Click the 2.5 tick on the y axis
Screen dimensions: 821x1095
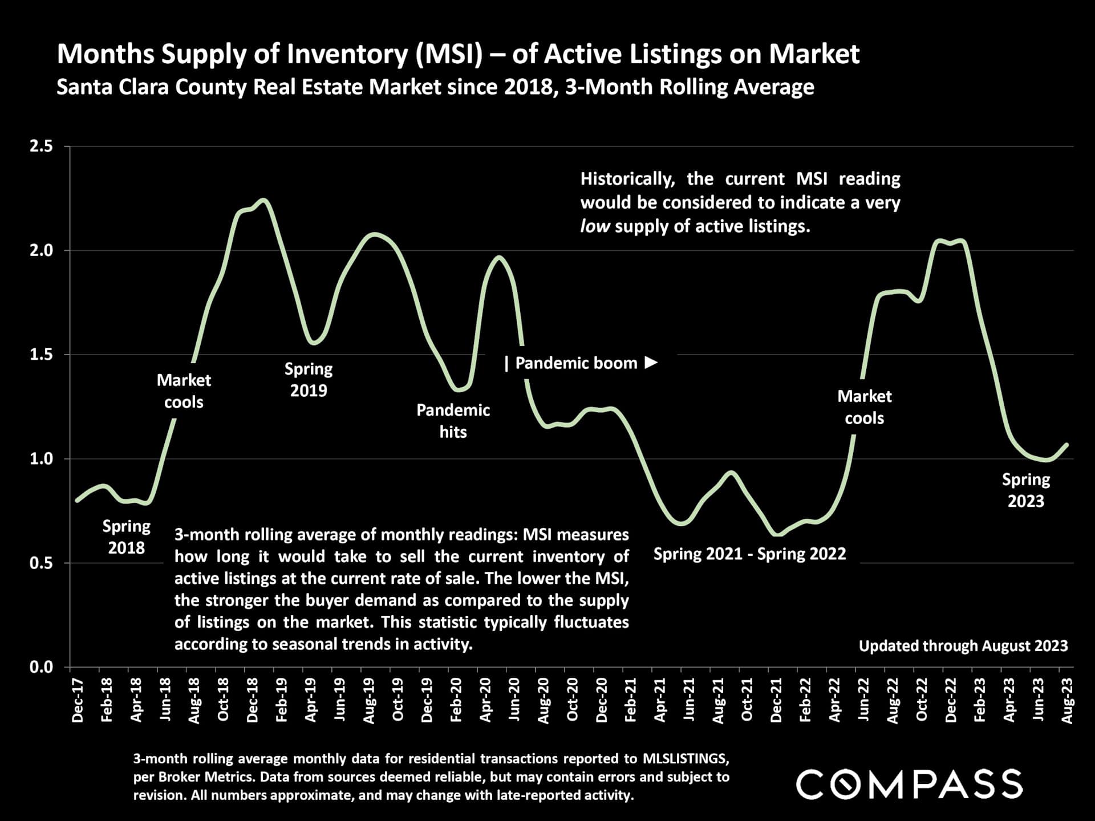pyautogui.click(x=41, y=147)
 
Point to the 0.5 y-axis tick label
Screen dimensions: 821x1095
pyautogui.click(x=41, y=563)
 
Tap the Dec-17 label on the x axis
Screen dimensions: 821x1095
pyautogui.click(x=78, y=700)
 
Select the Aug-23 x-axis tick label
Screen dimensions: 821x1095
pyautogui.click(x=1067, y=700)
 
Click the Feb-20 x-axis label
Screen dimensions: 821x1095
pyautogui.click(x=456, y=700)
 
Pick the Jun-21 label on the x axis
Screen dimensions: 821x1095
pyautogui.click(x=689, y=700)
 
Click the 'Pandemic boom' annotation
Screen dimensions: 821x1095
pyautogui.click(x=576, y=363)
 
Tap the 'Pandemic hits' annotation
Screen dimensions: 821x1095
pyautogui.click(x=453, y=421)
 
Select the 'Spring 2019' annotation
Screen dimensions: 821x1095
pyautogui.click(x=309, y=379)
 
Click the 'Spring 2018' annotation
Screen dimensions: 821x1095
pyautogui.click(x=127, y=537)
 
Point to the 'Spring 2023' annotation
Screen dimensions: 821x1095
pyautogui.click(x=1026, y=490)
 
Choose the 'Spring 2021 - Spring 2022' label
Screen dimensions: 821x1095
pyautogui.click(x=749, y=554)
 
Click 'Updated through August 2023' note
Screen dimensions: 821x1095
pyautogui.click(x=963, y=645)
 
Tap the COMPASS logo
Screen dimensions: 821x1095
pyautogui.click(x=909, y=784)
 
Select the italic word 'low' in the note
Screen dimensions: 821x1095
pyautogui.click(x=595, y=226)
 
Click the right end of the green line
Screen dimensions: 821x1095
pyautogui.click(x=1066, y=445)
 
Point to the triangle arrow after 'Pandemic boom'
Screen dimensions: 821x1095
pyautogui.click(x=651, y=363)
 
